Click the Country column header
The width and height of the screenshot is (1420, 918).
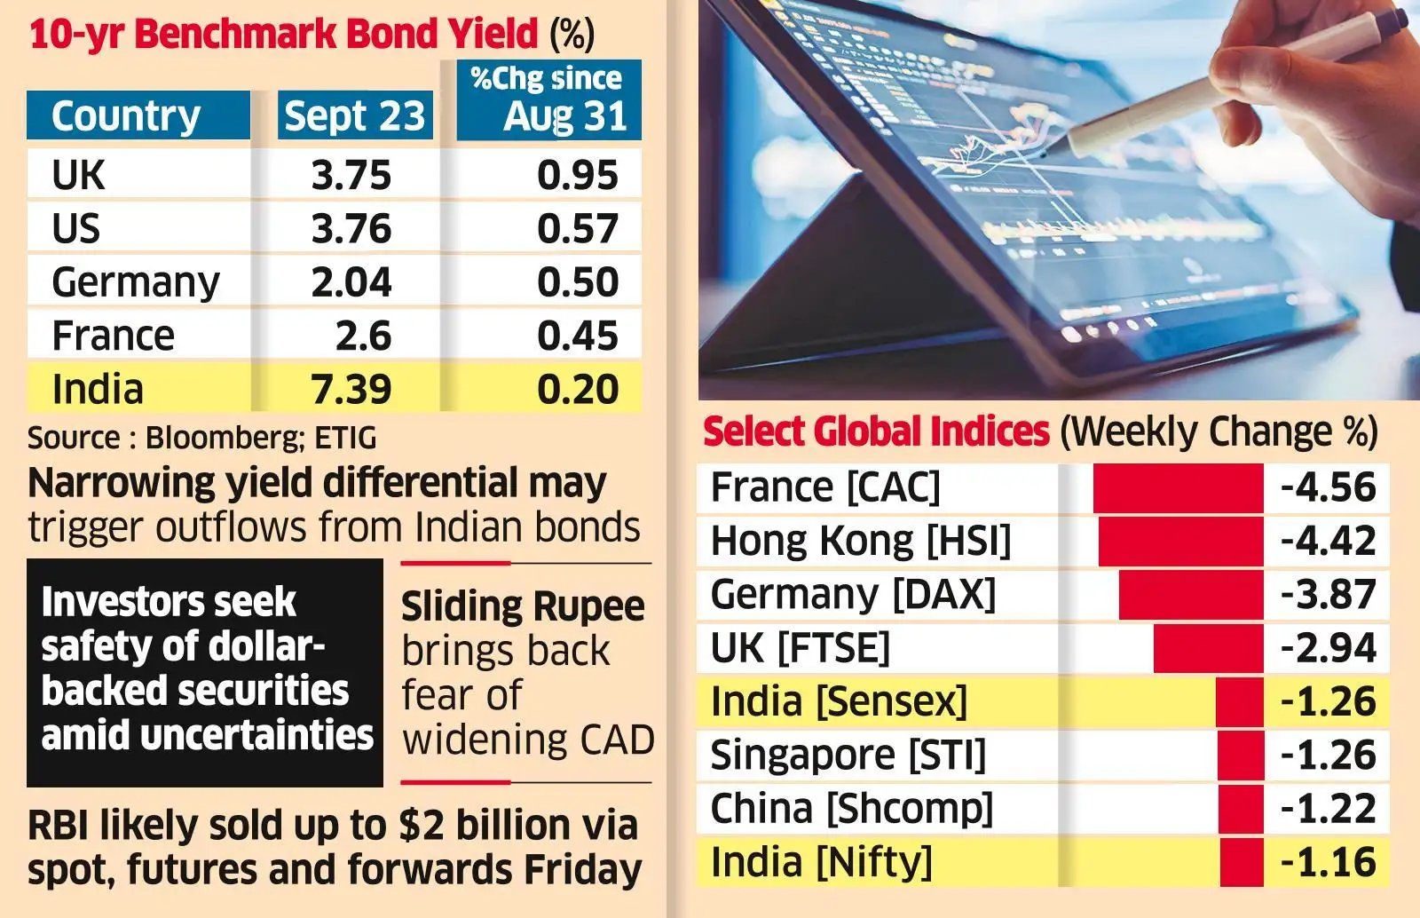tap(126, 116)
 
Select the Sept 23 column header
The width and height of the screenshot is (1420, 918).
tap(355, 116)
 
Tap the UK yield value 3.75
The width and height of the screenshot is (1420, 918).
tap(351, 175)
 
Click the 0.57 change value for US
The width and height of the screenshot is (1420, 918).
tap(577, 229)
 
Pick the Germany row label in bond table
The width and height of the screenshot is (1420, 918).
tap(135, 282)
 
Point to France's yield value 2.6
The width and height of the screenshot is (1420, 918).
tap(363, 336)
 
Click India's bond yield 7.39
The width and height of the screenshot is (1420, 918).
tap(351, 389)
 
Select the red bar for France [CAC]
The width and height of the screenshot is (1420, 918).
tap(1177, 487)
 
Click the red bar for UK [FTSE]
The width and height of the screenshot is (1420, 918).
tap(1207, 648)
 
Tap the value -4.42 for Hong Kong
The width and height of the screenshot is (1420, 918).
tap(1328, 541)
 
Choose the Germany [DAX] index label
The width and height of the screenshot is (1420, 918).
tap(853, 594)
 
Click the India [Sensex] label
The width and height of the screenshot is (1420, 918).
tap(839, 701)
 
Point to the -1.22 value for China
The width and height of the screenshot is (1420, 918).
tap(1328, 809)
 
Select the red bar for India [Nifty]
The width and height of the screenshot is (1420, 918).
tap(1241, 862)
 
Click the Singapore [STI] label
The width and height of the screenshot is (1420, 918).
tap(848, 756)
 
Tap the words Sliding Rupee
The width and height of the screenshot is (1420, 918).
tap(523, 607)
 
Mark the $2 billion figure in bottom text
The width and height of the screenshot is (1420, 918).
tap(485, 825)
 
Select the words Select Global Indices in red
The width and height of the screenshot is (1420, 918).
tap(876, 431)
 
